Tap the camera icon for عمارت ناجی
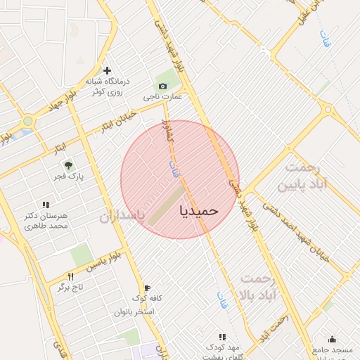coord(163,86)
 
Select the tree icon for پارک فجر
coord(68,166)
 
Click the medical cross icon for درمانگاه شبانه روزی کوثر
coord(107,70)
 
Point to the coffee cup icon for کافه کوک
coord(147,288)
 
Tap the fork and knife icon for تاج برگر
coord(70,276)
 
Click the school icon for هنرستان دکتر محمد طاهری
coord(46,205)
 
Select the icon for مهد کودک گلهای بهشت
coord(223,337)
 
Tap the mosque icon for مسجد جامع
coord(332,340)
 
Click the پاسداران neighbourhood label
coord(121,217)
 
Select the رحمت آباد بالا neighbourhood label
coord(261,287)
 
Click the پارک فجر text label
coord(71,177)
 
